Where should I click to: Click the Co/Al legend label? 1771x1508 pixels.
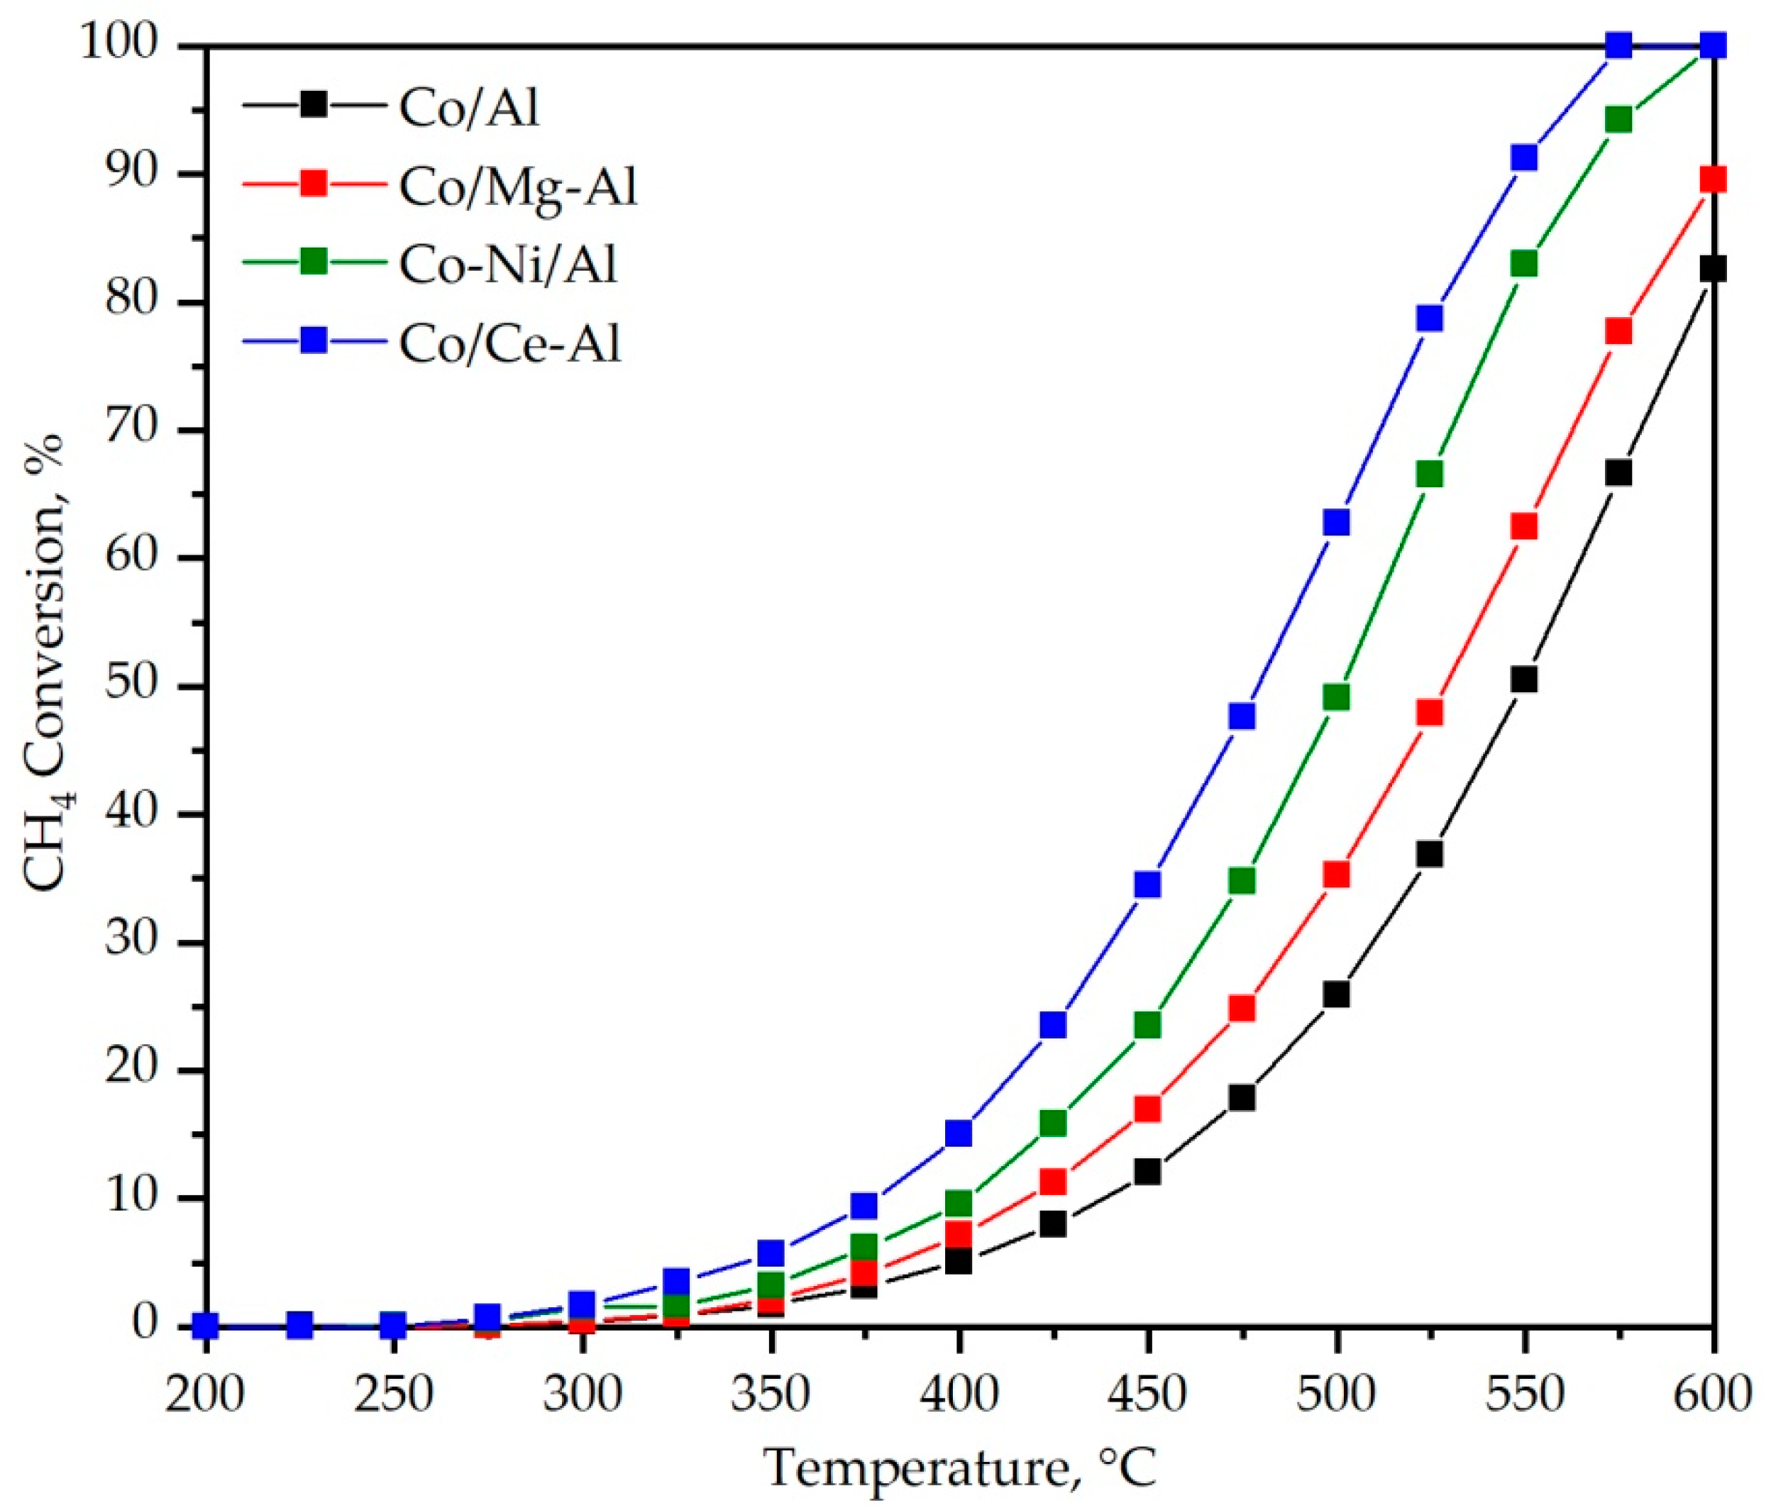[469, 109]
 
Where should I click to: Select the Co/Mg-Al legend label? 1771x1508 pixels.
[518, 187]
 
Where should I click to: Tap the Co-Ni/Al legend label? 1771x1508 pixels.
[508, 264]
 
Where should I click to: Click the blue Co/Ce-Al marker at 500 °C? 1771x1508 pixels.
[1336, 522]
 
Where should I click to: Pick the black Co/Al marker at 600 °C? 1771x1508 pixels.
[1712, 269]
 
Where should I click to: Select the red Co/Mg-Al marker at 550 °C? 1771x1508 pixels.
[1524, 526]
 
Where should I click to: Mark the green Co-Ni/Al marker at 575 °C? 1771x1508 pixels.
[1618, 121]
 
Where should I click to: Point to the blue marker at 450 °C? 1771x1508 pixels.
[1148, 885]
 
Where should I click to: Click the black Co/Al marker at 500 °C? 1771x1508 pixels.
[1336, 994]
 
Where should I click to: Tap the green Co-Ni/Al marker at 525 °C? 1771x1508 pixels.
[1430, 475]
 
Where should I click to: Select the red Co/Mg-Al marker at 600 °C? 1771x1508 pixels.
[1712, 179]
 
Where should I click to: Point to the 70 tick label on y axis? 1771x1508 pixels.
[131, 430]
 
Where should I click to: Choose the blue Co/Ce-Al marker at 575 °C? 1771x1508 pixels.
[1618, 45]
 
